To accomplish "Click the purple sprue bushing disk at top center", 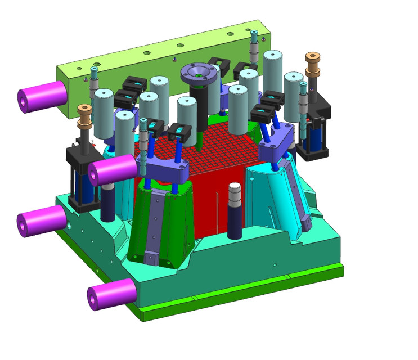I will [198, 73].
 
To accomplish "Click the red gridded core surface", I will [225, 146].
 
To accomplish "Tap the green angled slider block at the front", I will [160, 225].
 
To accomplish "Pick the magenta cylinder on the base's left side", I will [42, 220].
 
